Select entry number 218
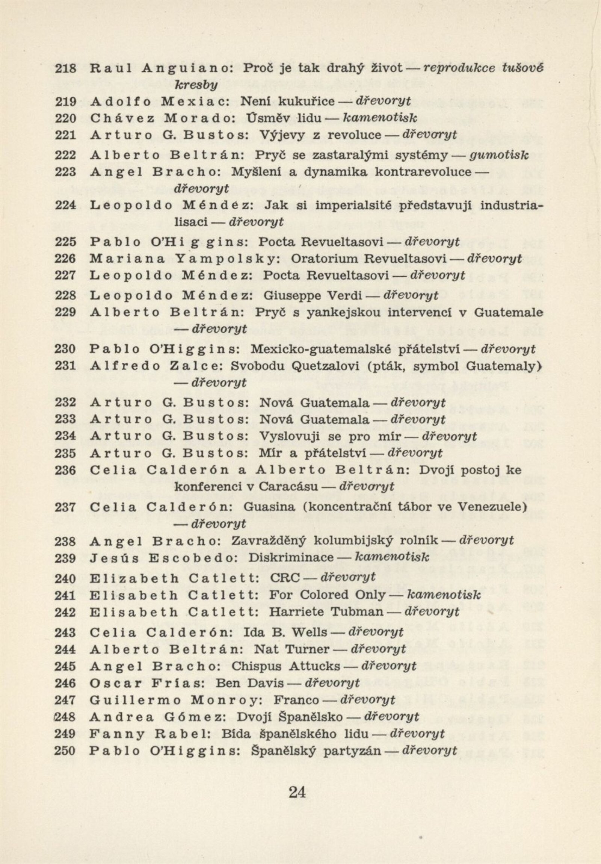pyautogui.click(x=65, y=69)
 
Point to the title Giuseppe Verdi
pyautogui.click(x=313, y=295)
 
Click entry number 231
pyautogui.click(x=65, y=366)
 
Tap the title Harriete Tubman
pyautogui.click(x=326, y=611)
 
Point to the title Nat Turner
pyautogui.click(x=292, y=649)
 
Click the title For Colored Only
pyautogui.click(x=328, y=595)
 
